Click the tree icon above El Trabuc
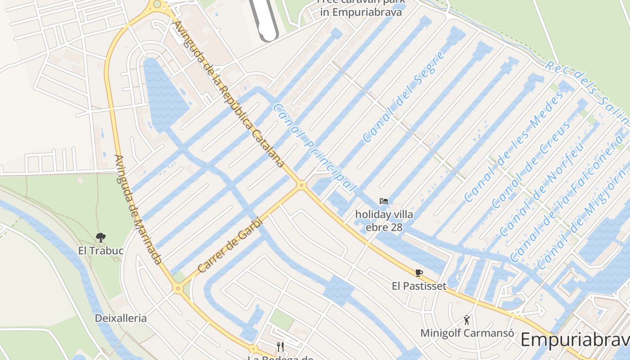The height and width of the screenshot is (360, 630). (x=101, y=237)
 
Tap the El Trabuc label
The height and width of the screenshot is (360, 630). (x=101, y=251)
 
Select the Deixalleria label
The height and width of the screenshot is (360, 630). (x=121, y=318)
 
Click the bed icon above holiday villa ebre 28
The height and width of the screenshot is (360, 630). (x=384, y=201)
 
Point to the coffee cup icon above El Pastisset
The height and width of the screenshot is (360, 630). (x=419, y=272)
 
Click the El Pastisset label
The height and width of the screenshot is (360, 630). (x=419, y=286)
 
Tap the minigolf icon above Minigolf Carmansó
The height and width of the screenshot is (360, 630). (x=467, y=320)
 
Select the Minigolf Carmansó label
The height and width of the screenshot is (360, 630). (x=467, y=333)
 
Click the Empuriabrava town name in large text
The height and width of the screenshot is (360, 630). (x=575, y=340)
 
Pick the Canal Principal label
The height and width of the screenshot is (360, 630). (x=314, y=148)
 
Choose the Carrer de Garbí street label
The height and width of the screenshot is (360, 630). (x=229, y=245)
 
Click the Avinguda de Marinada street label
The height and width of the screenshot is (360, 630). (x=138, y=209)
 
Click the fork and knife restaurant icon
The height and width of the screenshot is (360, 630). (x=280, y=346)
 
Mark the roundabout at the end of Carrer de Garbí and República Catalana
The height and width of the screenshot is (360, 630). (x=301, y=185)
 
